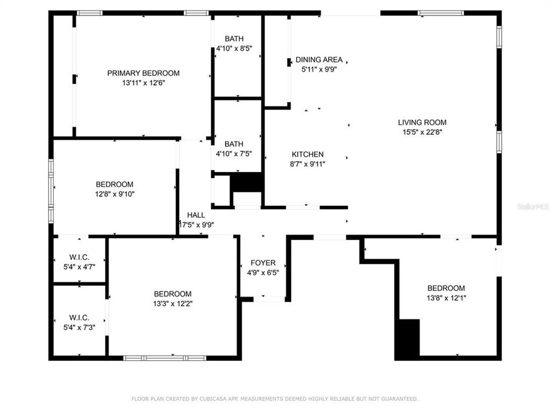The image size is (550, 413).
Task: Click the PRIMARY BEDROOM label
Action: coord(143,73)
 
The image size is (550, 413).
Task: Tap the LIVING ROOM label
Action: coord(422,122)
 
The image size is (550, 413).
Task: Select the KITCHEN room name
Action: coord(308,154)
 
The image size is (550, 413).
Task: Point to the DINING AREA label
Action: coord(319,60)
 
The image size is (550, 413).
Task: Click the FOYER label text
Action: coord(263,263)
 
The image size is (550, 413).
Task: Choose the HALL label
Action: coord(195,215)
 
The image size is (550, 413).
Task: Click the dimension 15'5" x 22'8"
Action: coord(422,132)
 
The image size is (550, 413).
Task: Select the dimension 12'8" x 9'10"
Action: coord(114,194)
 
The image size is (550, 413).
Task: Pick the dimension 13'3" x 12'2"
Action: coord(172,303)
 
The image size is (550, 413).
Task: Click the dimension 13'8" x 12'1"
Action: coord(446,298)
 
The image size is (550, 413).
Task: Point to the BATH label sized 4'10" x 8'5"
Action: coord(234,39)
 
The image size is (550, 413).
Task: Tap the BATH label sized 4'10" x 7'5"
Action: coord(234,144)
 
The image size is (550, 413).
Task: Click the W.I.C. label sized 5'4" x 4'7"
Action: coord(78,257)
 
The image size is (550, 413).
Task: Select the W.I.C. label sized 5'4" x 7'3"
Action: coord(78,317)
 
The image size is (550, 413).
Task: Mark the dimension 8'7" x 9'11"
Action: coord(308,164)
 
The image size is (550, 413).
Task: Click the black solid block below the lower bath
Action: coord(246,182)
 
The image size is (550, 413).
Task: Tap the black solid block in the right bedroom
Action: coord(408,338)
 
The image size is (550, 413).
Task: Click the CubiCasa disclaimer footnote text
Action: coord(275,399)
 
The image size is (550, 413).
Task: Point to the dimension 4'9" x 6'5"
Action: coord(263,272)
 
